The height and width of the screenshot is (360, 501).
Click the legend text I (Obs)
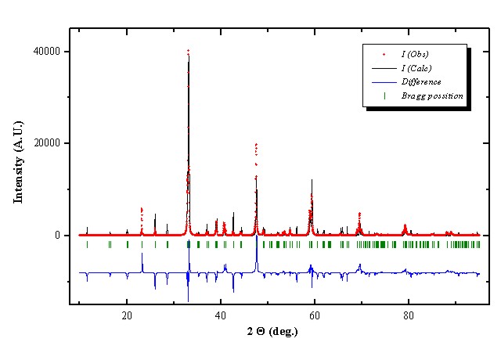click(x=415, y=54)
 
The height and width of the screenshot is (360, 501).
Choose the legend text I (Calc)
click(x=416, y=68)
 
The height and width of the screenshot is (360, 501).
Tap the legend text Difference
click(x=421, y=81)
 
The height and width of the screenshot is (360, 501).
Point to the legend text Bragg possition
click(x=432, y=95)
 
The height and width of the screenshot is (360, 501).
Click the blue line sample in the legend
click(x=384, y=81)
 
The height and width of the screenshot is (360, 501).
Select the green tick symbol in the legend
click(x=384, y=95)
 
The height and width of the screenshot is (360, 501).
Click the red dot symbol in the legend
click(x=384, y=54)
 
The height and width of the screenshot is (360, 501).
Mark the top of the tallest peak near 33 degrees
click(x=188, y=50)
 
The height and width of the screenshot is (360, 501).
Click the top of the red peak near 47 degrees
click(x=256, y=144)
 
